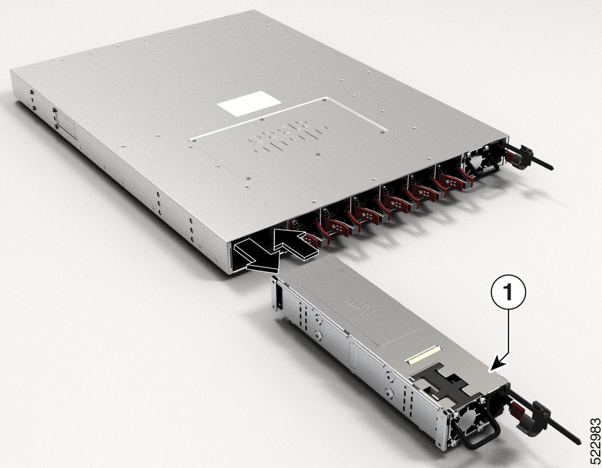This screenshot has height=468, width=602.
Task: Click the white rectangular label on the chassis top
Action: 249,104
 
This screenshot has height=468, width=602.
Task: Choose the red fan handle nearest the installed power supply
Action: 448,181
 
